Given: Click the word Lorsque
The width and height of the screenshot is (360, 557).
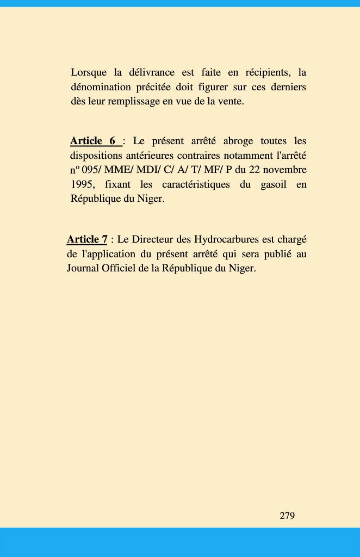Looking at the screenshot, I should pyautogui.click(x=89, y=73).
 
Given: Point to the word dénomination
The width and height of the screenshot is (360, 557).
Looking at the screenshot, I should pyautogui.click(x=101, y=87).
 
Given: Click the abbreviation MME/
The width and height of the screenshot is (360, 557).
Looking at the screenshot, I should pyautogui.click(x=119, y=170).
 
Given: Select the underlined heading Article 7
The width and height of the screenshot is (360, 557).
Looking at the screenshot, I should pyautogui.click(x=87, y=239).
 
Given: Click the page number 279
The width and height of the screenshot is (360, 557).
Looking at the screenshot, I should pyautogui.click(x=287, y=516).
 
